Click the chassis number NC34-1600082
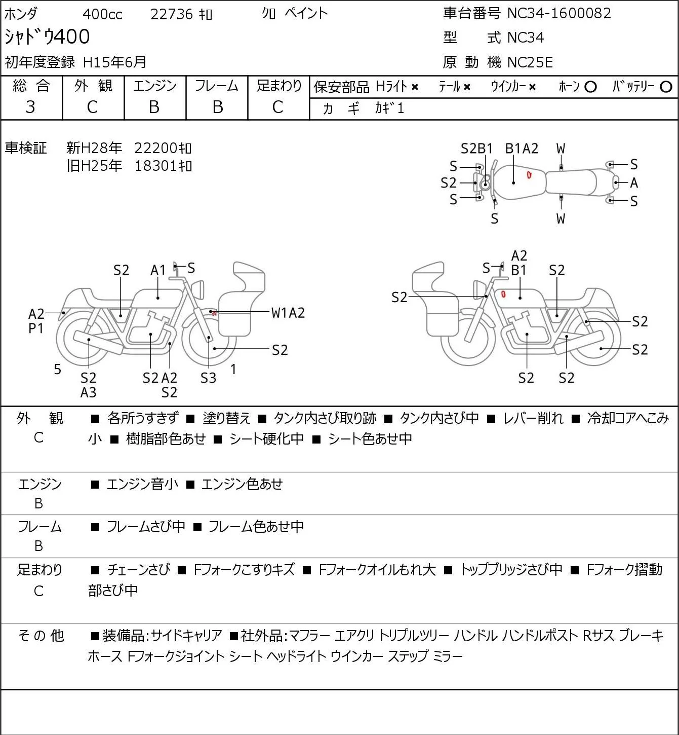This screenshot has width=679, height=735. [559, 13]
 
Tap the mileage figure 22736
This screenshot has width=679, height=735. [172, 14]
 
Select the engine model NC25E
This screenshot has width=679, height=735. [530, 62]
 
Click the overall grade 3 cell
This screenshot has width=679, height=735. [30, 107]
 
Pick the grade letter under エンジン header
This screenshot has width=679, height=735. [154, 107]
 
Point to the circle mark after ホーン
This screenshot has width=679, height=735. [590, 87]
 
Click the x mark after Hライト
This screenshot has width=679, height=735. [415, 87]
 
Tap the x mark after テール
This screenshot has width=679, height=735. [467, 87]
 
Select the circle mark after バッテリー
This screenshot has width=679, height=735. [666, 87]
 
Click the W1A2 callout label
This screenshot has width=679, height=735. [288, 313]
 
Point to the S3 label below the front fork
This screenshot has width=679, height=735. [208, 378]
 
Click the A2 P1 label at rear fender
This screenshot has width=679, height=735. [36, 321]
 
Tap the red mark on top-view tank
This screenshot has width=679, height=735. [529, 175]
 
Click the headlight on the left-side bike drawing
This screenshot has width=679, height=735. [198, 289]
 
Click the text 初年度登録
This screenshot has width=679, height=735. [40, 62]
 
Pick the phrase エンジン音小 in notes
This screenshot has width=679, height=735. [142, 484]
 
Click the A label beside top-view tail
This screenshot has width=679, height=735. [634, 182]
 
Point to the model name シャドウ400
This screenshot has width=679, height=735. [47, 36]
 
